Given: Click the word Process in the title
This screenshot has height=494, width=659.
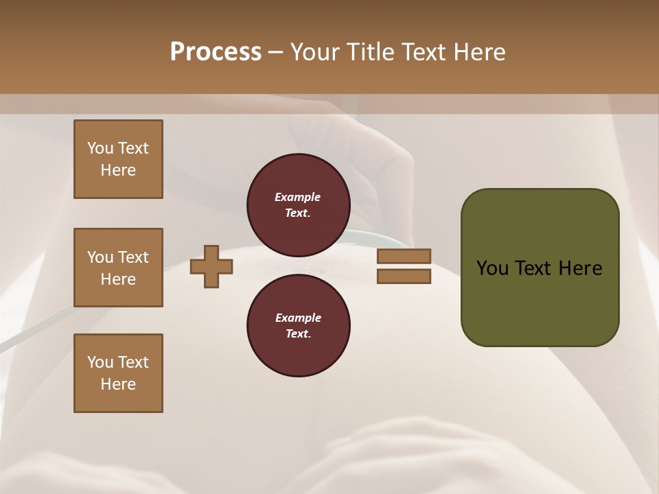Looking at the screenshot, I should pos(216,52).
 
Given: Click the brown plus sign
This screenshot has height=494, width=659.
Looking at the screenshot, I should pos(211,266).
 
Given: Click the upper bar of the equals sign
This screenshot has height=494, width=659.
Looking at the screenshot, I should pos(404,256).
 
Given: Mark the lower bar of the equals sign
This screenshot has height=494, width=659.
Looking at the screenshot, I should pos(404,276).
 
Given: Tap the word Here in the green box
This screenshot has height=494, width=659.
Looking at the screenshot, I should pos(580,268).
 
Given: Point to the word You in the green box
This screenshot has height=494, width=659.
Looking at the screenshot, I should pos(493,268).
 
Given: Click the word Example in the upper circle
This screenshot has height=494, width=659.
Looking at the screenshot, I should pos(297,197).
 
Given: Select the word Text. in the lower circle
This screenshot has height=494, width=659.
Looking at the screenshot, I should pos(298,334).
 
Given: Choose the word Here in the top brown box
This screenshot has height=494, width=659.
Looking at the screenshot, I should pos(118,170).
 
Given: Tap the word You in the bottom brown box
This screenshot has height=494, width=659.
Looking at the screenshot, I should pos(100,362).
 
